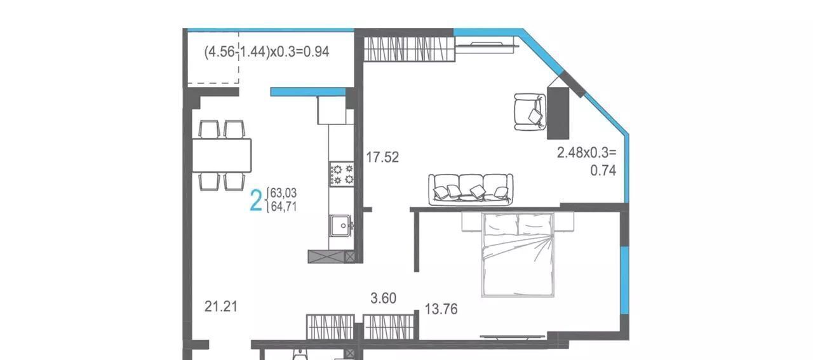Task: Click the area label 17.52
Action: (382, 157)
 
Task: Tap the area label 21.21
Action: (220, 307)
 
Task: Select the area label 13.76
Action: (441, 309)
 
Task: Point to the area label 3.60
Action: (383, 298)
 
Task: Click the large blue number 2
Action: (256, 201)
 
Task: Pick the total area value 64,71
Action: (284, 207)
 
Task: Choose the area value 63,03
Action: (283, 192)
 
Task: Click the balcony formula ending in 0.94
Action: (267, 51)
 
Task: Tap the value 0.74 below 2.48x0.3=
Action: (603, 171)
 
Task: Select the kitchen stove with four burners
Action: (342, 174)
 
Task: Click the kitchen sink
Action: (341, 225)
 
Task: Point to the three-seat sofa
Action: (471, 189)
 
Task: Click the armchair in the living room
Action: (530, 112)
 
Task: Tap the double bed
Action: (518, 255)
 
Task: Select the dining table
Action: (222, 156)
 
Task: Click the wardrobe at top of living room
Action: (409, 49)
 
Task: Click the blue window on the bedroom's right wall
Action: (624, 280)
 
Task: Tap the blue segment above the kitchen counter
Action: (308, 92)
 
